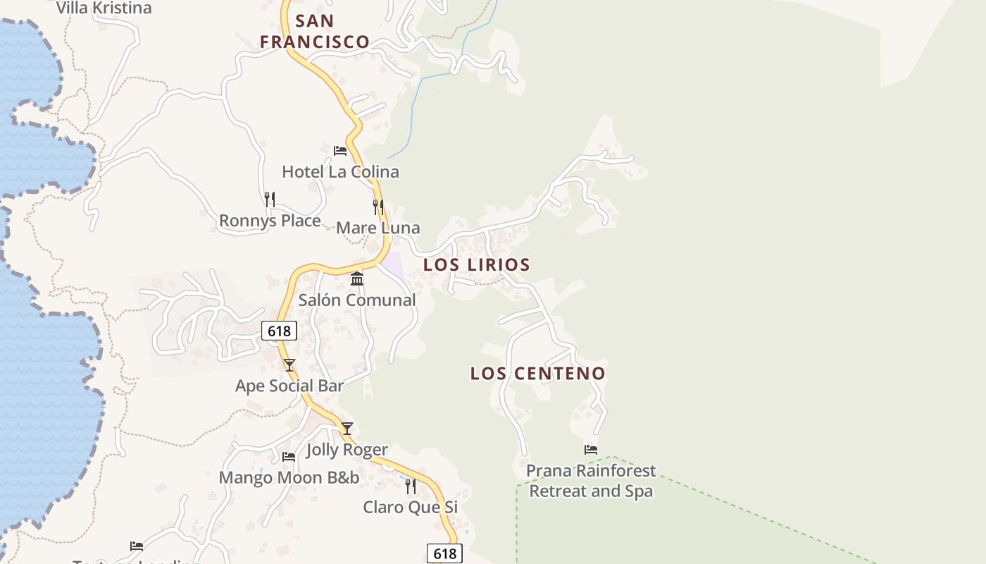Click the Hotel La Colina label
(x=340, y=171)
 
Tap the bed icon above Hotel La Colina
(x=340, y=150)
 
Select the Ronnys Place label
(x=270, y=221)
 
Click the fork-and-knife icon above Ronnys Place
(x=269, y=200)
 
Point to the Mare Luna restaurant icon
(x=378, y=207)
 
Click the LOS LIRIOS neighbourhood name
(x=477, y=265)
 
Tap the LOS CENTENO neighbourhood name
(x=538, y=374)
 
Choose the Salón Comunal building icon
(x=357, y=278)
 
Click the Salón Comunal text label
(x=357, y=300)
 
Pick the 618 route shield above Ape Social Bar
(x=279, y=331)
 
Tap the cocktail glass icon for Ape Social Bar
(x=289, y=364)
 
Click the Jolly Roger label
(x=347, y=450)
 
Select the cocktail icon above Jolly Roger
(x=347, y=428)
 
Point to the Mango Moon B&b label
(x=289, y=478)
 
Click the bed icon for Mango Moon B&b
(x=289, y=457)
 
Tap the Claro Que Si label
(x=411, y=508)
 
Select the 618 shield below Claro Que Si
(x=444, y=553)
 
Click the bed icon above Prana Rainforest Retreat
(x=591, y=449)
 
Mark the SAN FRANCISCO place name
(x=315, y=31)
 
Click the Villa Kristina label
(x=104, y=8)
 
